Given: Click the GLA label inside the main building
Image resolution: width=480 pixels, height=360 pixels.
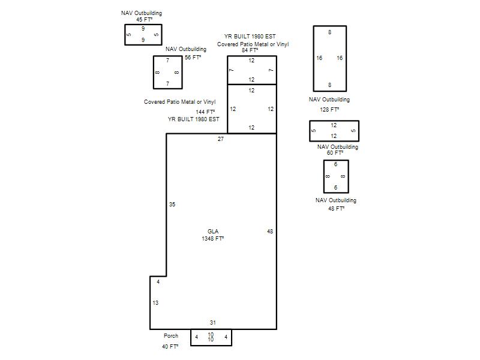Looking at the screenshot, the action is coord(213,232).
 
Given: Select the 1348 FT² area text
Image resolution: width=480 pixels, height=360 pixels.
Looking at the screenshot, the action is coord(213,238).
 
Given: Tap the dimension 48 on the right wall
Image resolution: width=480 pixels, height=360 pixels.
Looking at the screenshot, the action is coord(269,232).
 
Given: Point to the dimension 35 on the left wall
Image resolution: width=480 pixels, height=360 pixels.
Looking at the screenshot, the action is coord(172,204).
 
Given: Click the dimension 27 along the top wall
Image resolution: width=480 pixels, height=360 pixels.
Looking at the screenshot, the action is coord(220,139).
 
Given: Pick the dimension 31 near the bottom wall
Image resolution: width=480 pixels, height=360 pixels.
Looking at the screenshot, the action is coord(213,322).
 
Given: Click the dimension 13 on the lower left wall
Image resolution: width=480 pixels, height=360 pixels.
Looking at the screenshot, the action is coord(155,303).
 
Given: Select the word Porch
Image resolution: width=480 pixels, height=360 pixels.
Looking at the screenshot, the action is coord(171,336).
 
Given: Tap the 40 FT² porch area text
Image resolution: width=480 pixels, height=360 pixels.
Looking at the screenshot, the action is coord(170,347).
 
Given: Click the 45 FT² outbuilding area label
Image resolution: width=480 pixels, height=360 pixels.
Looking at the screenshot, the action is coord(144,20).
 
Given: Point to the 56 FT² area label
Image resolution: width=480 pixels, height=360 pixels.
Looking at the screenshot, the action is coord(193,57).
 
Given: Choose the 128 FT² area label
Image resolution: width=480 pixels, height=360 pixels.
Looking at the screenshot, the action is coord(329,109).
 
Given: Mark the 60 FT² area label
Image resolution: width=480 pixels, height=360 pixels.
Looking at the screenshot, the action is coord(335,152).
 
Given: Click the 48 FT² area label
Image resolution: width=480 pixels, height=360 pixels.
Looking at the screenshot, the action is coord(336,208).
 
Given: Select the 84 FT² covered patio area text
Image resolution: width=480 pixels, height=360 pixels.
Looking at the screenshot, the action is coord(250,50).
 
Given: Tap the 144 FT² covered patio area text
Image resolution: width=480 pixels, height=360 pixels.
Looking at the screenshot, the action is coord(205,112).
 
